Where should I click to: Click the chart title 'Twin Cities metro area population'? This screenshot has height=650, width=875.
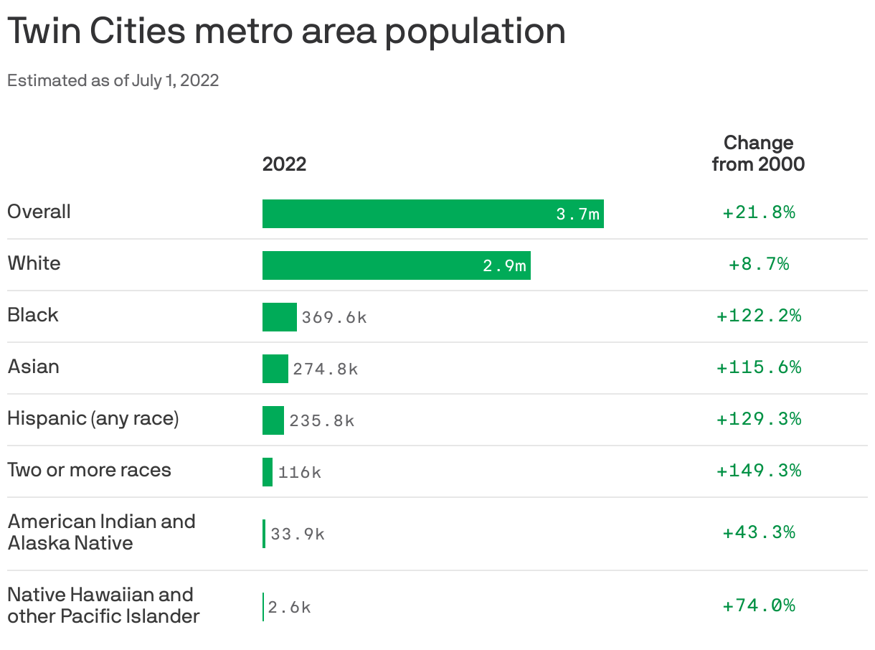tap(286, 32)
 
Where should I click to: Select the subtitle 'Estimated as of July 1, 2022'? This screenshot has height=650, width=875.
tap(113, 80)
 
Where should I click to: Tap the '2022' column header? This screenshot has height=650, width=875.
tap(284, 164)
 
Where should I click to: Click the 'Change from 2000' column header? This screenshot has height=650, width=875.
tap(758, 153)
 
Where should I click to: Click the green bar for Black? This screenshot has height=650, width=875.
tap(279, 317)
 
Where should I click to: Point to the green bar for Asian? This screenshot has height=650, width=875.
tap(275, 369)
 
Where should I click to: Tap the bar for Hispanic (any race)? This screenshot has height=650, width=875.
tap(273, 420)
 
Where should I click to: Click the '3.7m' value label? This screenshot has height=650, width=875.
tap(577, 214)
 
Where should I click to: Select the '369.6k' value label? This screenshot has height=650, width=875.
tap(334, 317)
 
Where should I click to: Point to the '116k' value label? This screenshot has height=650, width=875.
tap(300, 472)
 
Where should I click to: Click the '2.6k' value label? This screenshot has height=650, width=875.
tap(289, 607)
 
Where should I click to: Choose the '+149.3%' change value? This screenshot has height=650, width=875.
tap(758, 471)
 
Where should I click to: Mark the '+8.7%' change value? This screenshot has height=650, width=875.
tap(758, 264)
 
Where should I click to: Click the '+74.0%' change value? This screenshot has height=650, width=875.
tap(758, 606)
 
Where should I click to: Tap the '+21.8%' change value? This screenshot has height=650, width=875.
tap(758, 212)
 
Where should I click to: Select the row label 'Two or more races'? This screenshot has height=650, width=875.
tap(89, 471)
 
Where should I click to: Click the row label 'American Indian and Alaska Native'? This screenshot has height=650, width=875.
tap(101, 532)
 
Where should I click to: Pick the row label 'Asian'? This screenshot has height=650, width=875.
tap(33, 367)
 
